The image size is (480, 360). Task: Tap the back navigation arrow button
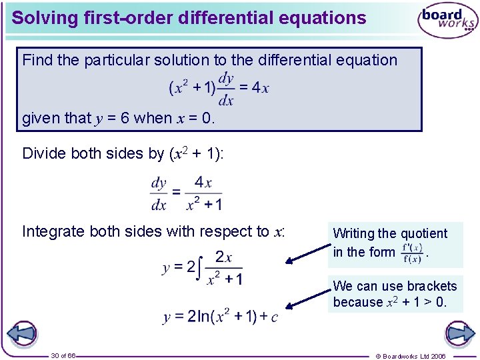tap(21, 333)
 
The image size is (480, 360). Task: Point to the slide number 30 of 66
tap(63, 356)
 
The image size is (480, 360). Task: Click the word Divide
tap(44, 153)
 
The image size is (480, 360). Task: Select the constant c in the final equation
tap(273, 317)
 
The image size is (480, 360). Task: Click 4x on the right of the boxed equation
tap(260, 87)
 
